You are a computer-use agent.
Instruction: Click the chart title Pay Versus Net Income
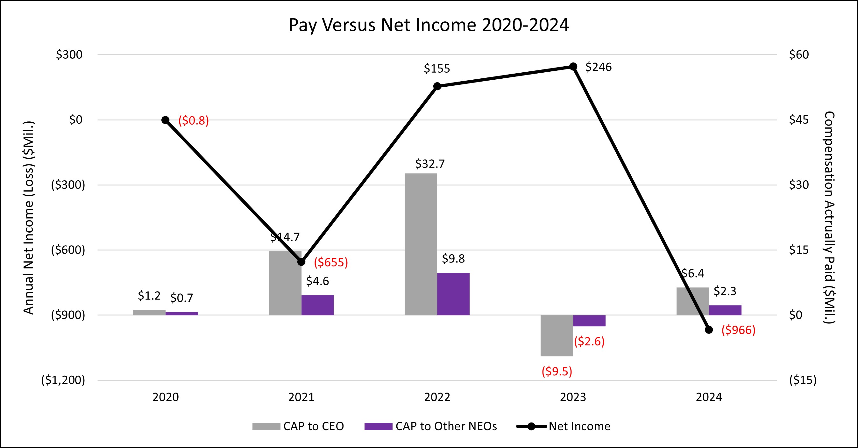[429, 25]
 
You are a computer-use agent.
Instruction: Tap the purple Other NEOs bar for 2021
[317, 305]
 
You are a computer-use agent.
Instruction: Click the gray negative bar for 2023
[557, 335]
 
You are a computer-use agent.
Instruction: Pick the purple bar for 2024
[725, 310]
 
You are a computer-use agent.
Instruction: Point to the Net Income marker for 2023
[573, 67]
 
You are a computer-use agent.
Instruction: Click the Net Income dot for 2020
[166, 120]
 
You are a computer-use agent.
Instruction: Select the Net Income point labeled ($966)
[709, 330]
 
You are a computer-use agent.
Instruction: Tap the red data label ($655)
[331, 262]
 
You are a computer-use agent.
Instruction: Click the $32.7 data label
[430, 164]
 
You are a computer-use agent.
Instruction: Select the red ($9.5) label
[557, 371]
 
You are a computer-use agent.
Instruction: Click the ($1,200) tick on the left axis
[63, 380]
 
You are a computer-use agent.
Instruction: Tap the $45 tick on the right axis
[799, 120]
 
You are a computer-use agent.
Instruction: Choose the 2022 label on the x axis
[437, 397]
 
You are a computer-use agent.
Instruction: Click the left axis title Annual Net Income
[29, 217]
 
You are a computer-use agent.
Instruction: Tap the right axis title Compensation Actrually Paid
[829, 217]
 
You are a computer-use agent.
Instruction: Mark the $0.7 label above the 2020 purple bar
[181, 298]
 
